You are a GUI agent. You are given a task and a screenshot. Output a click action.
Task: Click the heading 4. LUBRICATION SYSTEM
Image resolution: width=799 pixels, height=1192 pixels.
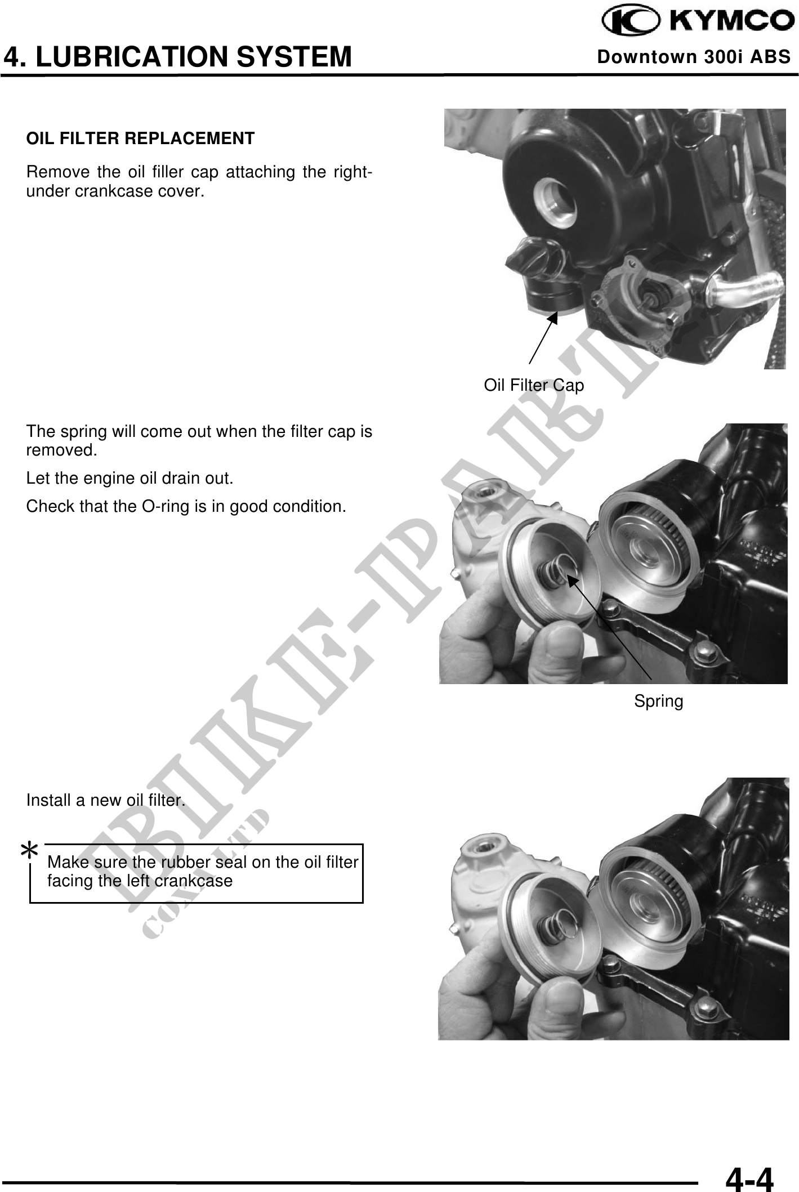178,57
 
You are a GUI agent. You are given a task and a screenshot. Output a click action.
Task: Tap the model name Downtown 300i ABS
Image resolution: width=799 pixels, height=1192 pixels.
694,57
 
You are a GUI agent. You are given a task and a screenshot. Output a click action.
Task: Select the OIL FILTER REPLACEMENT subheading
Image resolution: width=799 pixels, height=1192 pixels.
141,138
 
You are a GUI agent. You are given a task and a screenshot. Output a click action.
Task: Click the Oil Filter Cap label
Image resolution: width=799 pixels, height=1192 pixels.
534,385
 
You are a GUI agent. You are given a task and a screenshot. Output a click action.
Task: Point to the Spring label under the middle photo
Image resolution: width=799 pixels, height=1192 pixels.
659,701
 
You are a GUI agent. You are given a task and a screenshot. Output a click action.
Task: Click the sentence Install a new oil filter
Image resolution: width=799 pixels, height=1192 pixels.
106,800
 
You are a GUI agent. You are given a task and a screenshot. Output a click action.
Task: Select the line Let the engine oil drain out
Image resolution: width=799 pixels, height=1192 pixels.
130,479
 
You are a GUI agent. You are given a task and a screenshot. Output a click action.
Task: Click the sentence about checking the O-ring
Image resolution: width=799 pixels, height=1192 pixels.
186,506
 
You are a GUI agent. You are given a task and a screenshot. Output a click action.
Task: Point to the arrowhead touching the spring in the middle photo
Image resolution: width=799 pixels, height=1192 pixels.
572,581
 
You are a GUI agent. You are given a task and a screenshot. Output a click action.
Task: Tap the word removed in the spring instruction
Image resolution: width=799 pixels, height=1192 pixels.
61,450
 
